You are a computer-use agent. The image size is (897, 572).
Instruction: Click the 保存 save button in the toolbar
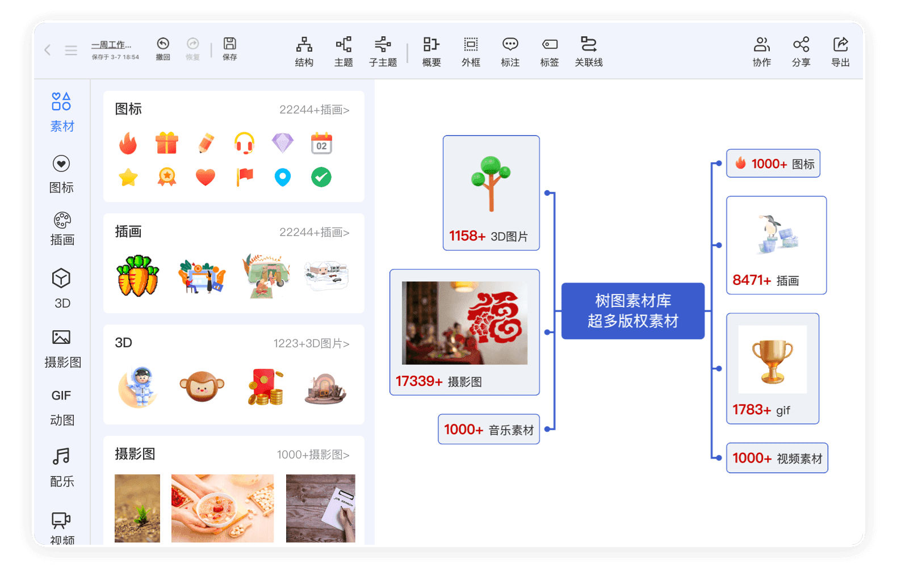(230, 49)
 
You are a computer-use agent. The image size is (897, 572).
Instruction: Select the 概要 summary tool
(431, 52)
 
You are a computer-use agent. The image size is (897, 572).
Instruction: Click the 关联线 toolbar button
(589, 52)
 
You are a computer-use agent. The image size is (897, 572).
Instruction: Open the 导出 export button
(840, 52)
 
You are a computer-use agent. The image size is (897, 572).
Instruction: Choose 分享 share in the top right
(801, 52)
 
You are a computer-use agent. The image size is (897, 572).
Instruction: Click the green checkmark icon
(321, 177)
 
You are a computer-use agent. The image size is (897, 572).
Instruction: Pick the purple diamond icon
(283, 143)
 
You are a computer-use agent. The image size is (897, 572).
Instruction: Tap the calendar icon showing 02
(321, 143)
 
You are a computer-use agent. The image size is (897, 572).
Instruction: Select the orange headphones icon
(244, 143)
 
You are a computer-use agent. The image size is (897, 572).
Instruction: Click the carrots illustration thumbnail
(138, 276)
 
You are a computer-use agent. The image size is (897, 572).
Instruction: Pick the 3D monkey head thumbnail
(202, 386)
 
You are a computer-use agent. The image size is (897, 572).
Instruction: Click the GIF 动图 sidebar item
(62, 407)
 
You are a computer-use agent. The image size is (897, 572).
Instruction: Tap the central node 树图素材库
(632, 311)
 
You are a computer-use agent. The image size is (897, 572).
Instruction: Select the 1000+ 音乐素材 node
(489, 429)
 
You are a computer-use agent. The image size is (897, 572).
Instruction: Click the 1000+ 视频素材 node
(777, 458)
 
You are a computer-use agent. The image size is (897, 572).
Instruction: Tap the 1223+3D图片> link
(312, 343)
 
